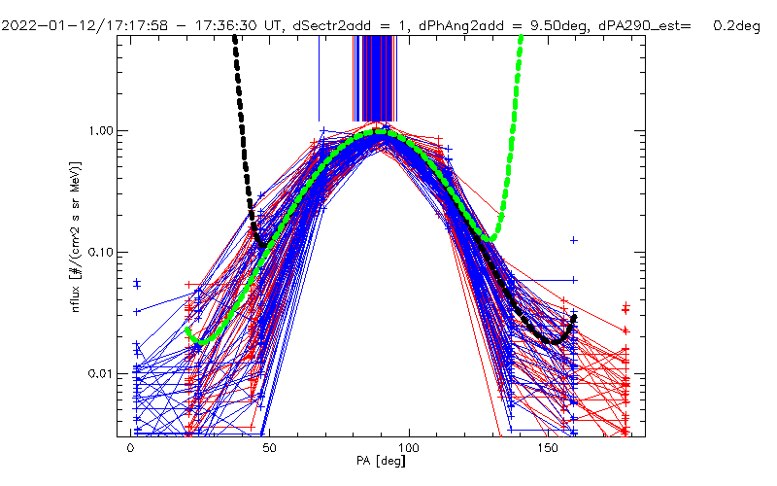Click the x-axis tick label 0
(130, 449)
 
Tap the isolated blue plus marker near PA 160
(574, 239)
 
